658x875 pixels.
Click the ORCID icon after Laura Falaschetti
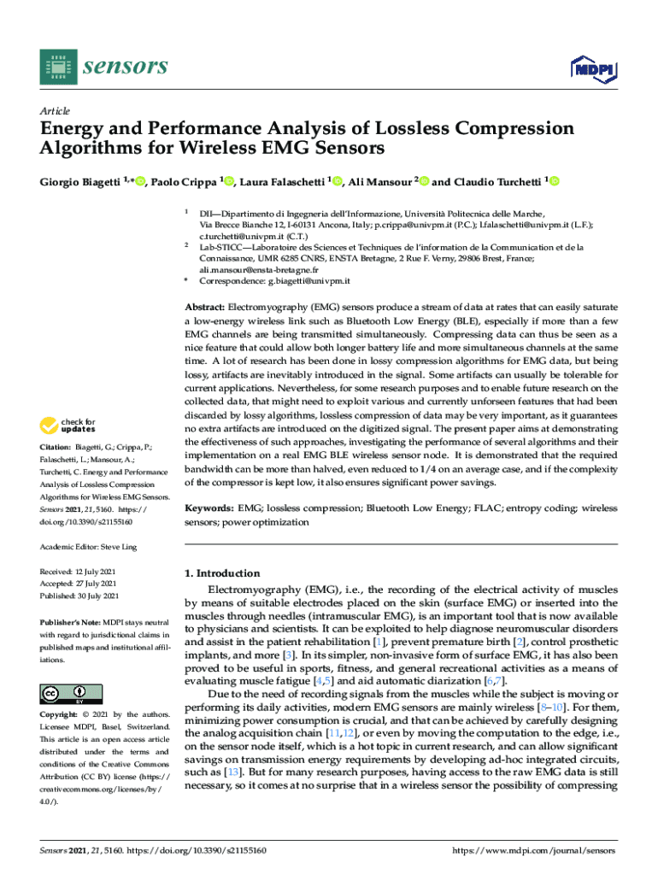337,182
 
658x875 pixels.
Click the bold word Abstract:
205,306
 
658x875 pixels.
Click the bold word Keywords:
209,508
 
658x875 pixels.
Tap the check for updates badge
71,425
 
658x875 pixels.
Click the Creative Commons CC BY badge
71,693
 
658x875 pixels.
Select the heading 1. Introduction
222,573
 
